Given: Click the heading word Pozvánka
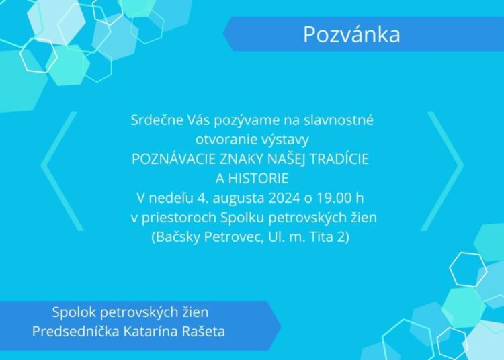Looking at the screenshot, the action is (x=351, y=34).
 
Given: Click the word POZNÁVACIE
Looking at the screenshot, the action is (x=173, y=159).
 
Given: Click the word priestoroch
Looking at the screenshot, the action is (x=179, y=218).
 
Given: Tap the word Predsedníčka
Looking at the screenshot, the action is (x=76, y=331).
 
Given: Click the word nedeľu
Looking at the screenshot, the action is (x=171, y=198).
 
